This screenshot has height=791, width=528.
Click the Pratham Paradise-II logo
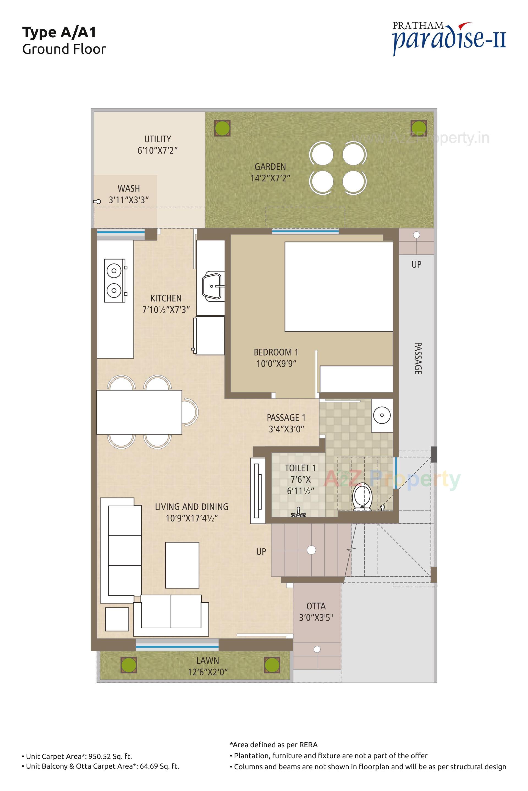(449, 39)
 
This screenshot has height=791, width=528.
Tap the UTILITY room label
(157, 139)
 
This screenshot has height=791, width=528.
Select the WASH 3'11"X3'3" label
(129, 194)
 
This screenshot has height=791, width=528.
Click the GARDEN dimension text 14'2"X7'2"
(270, 178)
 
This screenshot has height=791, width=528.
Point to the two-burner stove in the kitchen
(114, 280)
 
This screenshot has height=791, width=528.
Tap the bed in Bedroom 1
(339, 286)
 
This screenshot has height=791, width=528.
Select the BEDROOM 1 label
(276, 352)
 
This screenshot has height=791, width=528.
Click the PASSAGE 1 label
(286, 418)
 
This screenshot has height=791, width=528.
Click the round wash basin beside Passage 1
(382, 415)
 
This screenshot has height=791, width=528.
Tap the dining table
(139, 412)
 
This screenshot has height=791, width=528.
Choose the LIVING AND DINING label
(191, 507)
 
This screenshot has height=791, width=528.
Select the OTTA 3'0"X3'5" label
(316, 612)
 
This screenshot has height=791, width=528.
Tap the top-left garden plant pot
(222, 128)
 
